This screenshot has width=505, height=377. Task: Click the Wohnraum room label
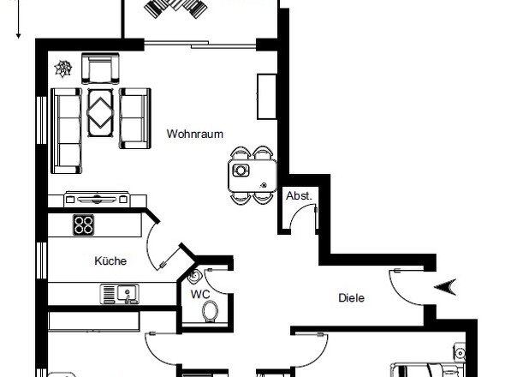(195, 135)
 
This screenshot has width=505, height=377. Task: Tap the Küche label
(111, 260)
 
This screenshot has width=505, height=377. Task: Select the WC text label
(200, 294)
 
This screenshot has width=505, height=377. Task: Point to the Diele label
(351, 298)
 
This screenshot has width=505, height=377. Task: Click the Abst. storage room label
(299, 196)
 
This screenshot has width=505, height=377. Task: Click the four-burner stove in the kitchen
(83, 225)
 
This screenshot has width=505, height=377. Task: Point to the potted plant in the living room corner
(63, 67)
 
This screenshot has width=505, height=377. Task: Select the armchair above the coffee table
(99, 68)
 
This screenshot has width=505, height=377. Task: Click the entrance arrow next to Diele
(447, 287)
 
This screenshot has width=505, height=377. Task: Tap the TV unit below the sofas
(97, 199)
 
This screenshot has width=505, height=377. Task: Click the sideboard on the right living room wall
(264, 96)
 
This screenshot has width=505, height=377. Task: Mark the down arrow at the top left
(18, 21)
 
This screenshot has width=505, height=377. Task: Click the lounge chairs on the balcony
(176, 9)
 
